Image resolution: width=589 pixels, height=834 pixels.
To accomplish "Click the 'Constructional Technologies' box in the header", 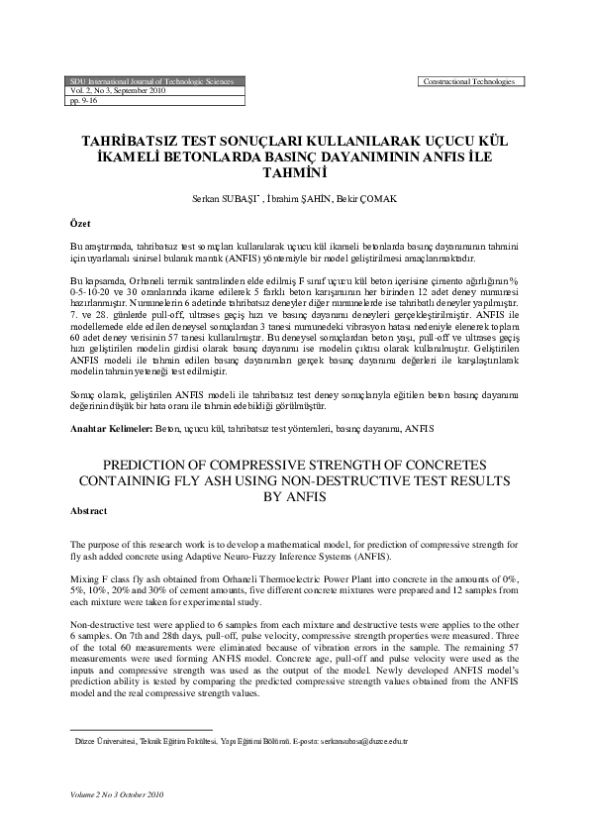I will tap(471, 80).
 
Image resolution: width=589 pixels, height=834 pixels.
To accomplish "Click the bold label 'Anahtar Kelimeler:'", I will tap(111, 428).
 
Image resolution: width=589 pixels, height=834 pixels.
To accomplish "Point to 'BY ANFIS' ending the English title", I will tap(294, 495).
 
